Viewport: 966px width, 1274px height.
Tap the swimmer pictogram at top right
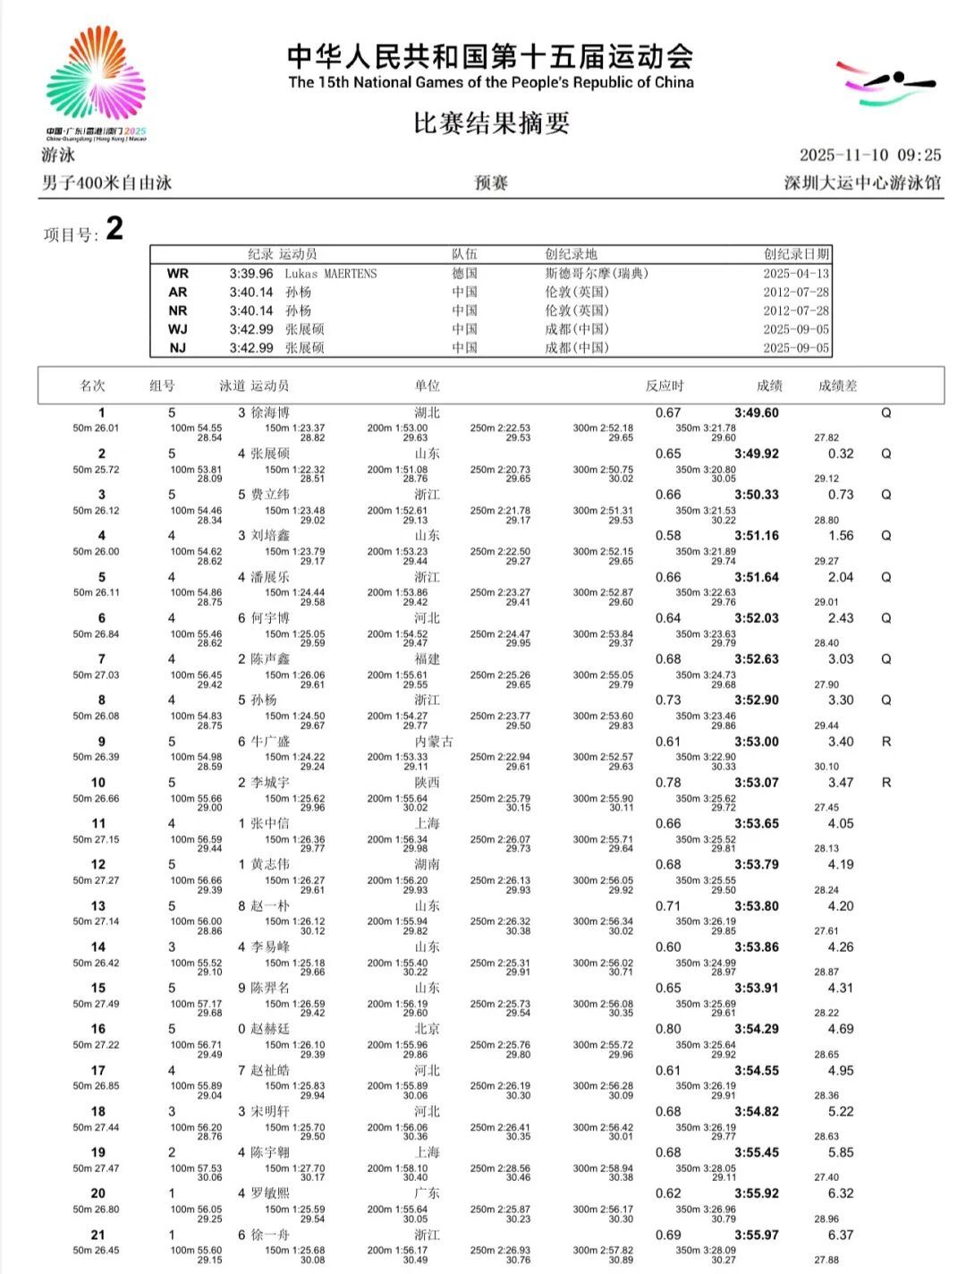pos(884,83)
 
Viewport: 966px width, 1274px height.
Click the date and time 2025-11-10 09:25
pos(869,155)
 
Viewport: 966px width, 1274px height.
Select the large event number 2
pos(114,229)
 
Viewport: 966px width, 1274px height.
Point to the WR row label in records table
pos(178,274)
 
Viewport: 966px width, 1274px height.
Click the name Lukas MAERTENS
pos(331,274)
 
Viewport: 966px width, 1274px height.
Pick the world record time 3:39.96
pos(251,274)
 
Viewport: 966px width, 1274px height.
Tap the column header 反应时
pos(664,386)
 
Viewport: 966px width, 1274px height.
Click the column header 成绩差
pos(837,386)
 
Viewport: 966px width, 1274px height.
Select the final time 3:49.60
pos(757,413)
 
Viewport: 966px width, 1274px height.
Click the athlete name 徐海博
pos(270,413)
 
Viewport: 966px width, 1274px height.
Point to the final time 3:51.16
pos(757,536)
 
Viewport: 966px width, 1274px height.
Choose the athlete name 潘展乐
pos(270,577)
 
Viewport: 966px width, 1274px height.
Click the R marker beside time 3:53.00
pos(886,742)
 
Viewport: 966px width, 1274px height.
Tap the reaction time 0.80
pos(668,1029)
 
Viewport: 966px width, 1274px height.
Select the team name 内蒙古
pos(434,742)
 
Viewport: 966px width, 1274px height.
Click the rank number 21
pos(98,1235)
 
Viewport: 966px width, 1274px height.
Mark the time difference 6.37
pos(841,1235)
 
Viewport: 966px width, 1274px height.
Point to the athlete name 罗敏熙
pos(270,1193)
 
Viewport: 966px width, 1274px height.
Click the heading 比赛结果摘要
pos(491,123)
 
